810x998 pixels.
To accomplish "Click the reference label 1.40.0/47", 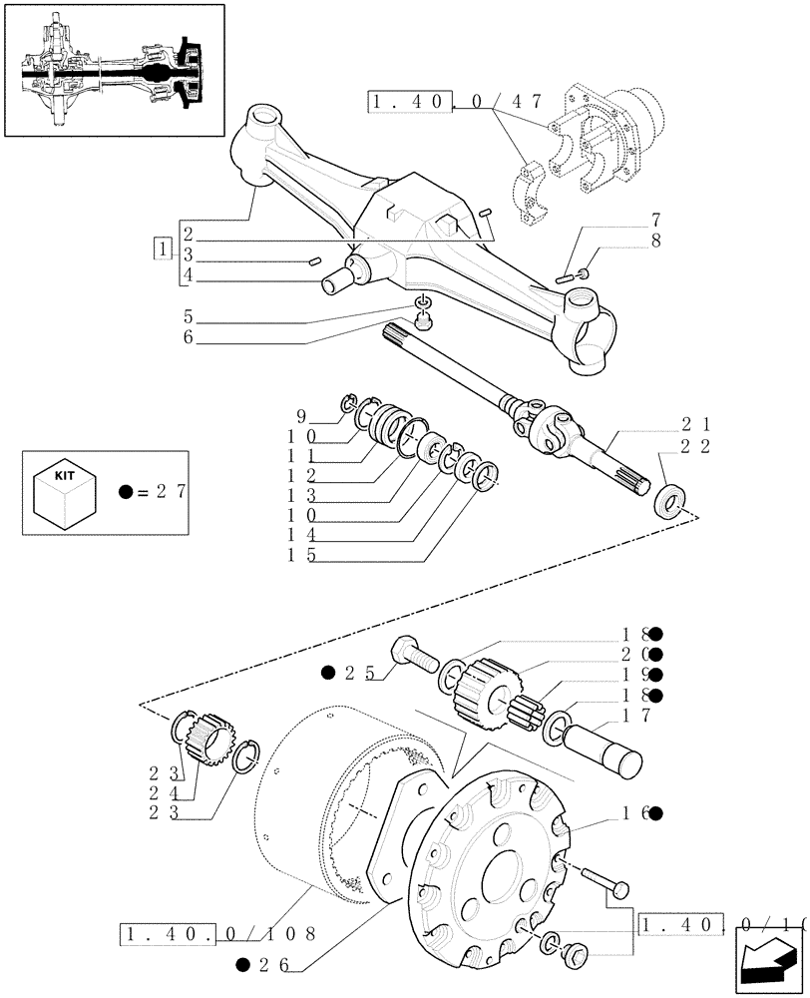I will point(455,101).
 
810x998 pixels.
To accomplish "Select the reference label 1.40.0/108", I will point(217,934).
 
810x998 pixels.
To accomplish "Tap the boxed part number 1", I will point(162,249).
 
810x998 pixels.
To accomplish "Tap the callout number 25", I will point(357,674).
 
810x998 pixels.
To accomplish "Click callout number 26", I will point(271,965).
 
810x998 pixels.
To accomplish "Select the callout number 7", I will point(655,220).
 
